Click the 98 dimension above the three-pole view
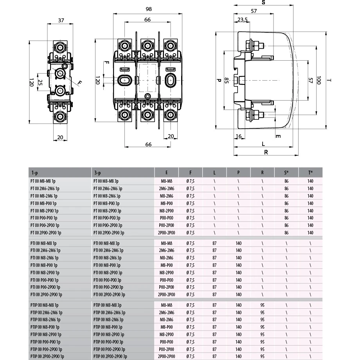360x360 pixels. click(x=148, y=9)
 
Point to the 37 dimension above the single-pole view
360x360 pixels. click(x=61, y=20)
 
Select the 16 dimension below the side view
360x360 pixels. click(x=238, y=136)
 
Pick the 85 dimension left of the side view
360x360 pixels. click(x=226, y=81)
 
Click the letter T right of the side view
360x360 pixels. click(x=330, y=81)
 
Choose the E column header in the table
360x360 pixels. click(x=166, y=173)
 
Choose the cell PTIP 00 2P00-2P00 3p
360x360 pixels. click(x=111, y=356)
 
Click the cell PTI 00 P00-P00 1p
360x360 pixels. click(x=44, y=280)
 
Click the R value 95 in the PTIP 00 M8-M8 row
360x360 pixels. click(x=262, y=305)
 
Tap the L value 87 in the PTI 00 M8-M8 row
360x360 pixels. click(x=214, y=243)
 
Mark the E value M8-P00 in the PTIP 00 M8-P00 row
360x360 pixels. click(x=166, y=327)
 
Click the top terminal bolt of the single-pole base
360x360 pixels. click(x=61, y=48)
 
